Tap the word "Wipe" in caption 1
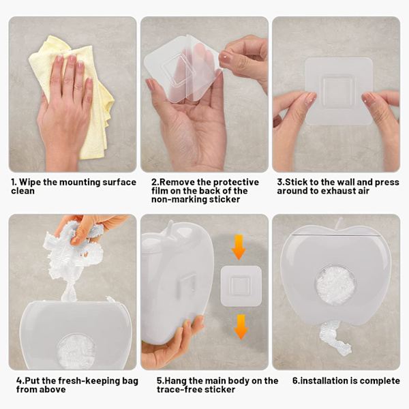30,182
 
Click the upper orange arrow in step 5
239,247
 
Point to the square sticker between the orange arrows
241,286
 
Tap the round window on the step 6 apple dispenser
336,286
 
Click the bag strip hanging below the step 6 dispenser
334,338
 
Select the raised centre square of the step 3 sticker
337,90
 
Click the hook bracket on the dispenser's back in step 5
186,285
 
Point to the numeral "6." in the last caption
296,381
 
